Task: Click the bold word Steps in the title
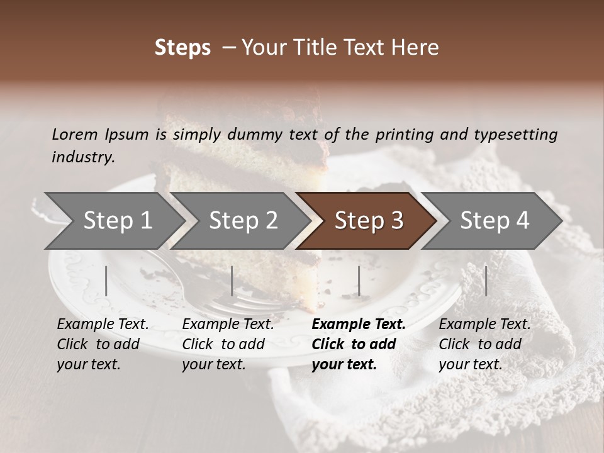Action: (182, 48)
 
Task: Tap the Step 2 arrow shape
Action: (243, 220)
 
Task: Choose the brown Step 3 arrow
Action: (369, 220)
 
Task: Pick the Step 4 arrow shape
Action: (495, 220)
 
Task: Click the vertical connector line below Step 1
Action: (106, 281)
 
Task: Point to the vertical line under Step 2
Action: (232, 281)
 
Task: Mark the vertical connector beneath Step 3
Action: (359, 281)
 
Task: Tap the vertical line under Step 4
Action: (486, 281)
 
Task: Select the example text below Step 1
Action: (103, 344)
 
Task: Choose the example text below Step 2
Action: (228, 344)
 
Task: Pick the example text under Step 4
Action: (484, 344)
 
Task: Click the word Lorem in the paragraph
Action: (75, 134)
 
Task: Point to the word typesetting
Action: (521, 134)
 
